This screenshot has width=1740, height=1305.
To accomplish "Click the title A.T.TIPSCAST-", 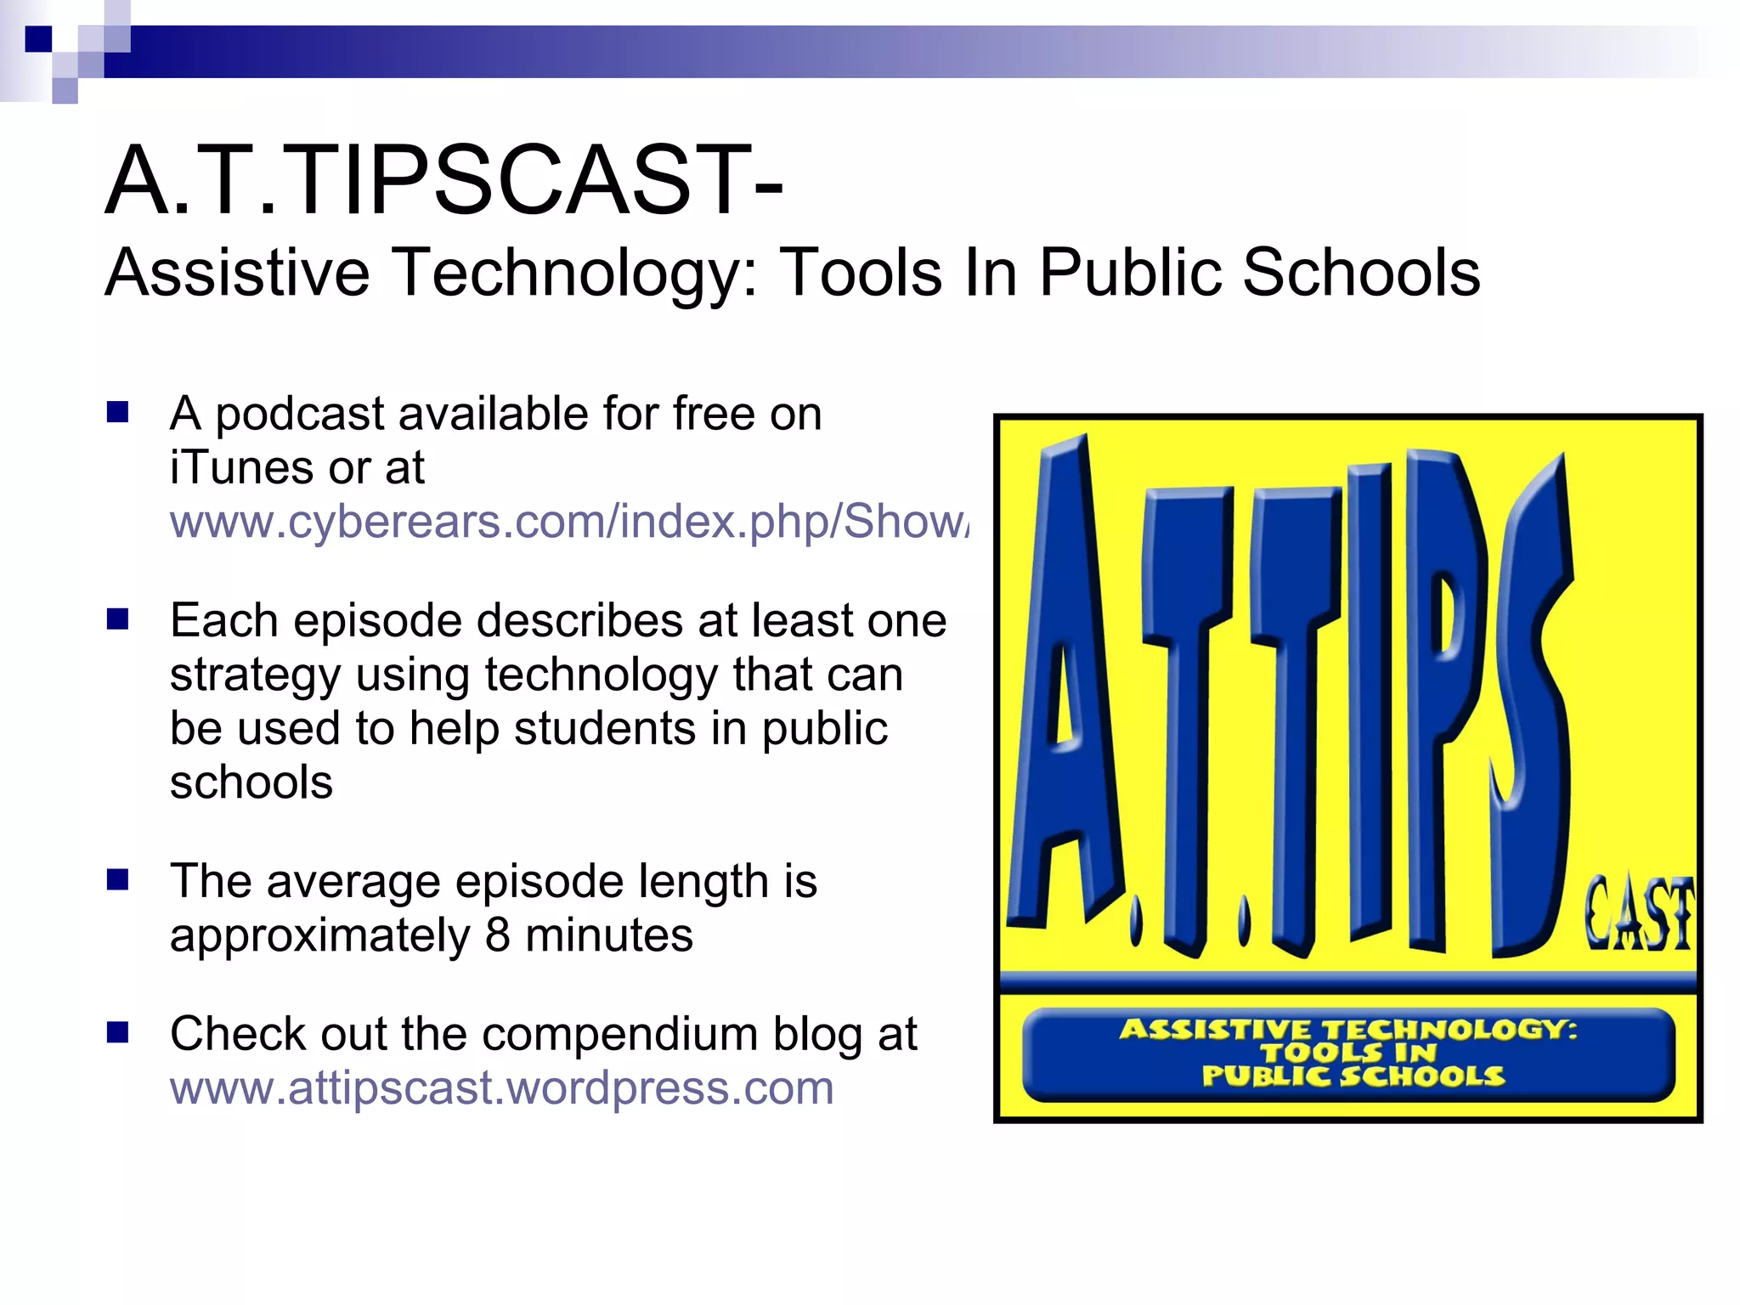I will tap(443, 180).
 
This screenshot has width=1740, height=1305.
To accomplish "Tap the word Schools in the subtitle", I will tap(1361, 272).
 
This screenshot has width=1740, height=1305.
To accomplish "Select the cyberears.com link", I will tap(568, 521).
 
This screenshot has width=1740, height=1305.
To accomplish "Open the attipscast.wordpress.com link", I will tap(501, 1087).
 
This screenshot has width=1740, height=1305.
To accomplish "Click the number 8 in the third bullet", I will tap(498, 935).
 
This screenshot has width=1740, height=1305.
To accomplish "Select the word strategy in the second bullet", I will tap(254, 675).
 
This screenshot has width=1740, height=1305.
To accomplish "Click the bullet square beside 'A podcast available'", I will tap(117, 413).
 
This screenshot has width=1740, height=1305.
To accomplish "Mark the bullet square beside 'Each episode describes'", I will tap(117, 619).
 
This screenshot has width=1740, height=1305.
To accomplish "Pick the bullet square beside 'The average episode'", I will tap(117, 879).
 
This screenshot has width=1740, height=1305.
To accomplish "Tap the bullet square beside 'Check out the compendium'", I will tap(117, 1032).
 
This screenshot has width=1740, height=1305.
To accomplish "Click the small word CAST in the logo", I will tap(1637, 913).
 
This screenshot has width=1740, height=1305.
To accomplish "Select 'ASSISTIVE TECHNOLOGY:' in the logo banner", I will tap(1347, 1030).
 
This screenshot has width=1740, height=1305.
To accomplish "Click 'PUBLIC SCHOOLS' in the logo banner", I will tap(1352, 1076).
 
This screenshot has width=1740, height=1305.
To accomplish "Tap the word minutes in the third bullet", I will tap(609, 935).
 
